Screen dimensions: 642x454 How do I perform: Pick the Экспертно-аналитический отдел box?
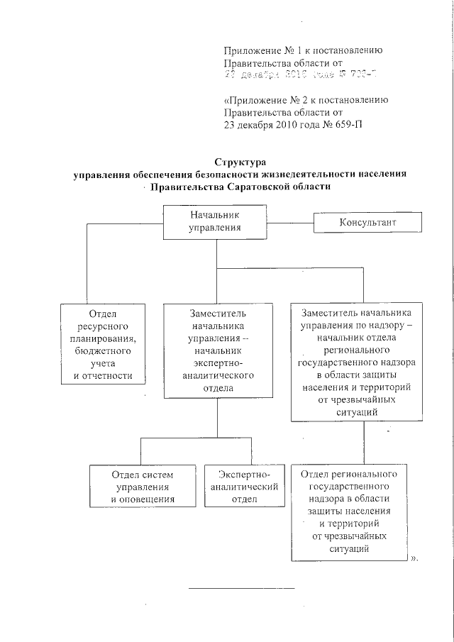point(240,486)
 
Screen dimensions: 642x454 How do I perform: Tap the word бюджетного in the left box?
point(106,350)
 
